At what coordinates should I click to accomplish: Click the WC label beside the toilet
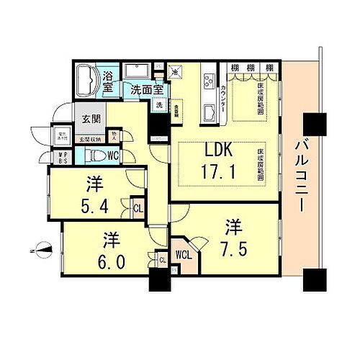pos(114,155)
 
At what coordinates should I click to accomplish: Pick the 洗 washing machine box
pos(158,105)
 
